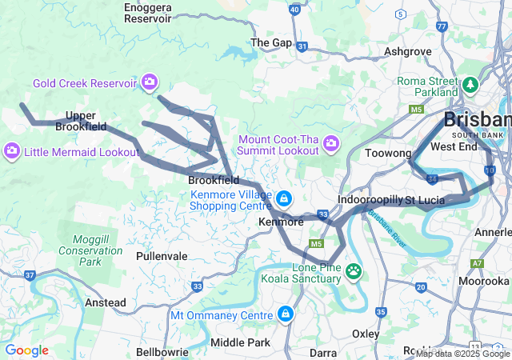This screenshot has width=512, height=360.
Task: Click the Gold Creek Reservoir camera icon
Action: tap(150, 82)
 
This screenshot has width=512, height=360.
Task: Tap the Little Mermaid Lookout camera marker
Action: tap(12, 151)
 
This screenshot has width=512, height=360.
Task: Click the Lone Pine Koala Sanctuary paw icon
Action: tap(354, 272)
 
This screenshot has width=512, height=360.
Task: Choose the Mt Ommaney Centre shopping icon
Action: tap(285, 314)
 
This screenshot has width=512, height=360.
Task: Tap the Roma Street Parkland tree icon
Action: tap(470, 85)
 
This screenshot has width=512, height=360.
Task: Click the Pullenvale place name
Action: tap(162, 256)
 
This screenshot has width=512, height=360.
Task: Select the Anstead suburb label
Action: tap(106, 302)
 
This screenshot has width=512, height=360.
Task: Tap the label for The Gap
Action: tap(271, 42)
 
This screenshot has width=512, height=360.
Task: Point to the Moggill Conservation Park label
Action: tap(90, 250)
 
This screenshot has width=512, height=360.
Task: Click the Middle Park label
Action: tap(239, 342)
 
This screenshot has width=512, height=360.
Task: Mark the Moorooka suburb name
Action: tap(484, 281)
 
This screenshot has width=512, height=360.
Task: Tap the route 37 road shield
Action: tap(30, 275)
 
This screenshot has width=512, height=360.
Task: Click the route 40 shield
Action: tap(295, 10)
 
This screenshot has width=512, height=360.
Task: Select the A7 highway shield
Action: tap(477, 262)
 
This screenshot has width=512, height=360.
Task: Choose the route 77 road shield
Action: tap(442, 26)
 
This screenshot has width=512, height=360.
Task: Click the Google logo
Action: tap(26, 350)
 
